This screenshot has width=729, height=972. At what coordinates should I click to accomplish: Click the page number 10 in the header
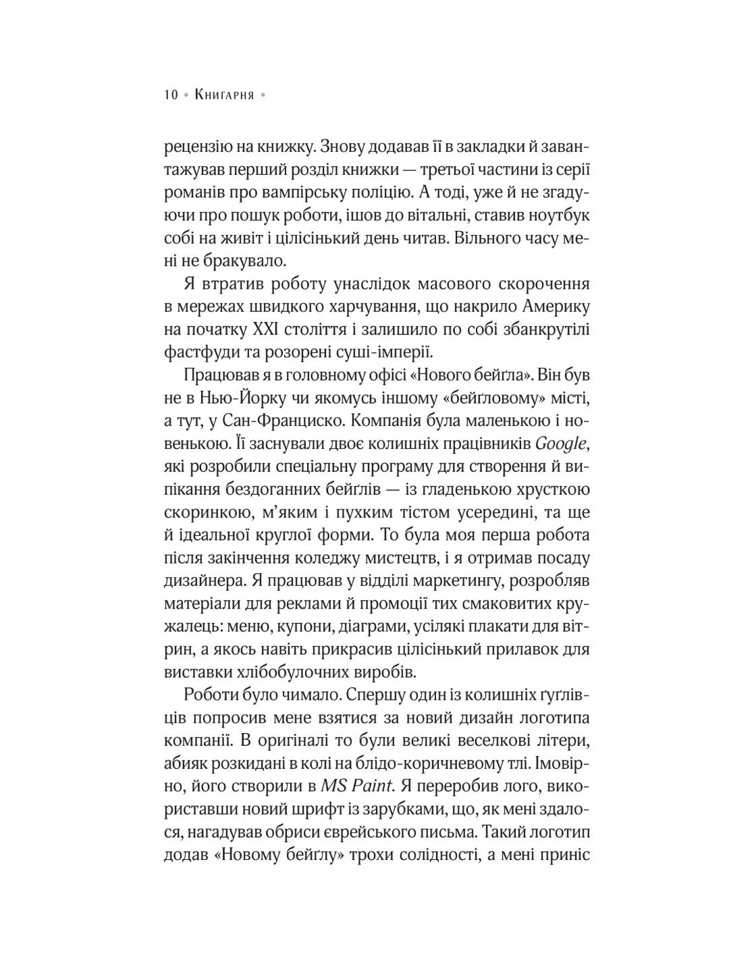[171, 95]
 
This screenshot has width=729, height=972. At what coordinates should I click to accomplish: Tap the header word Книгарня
[223, 95]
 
